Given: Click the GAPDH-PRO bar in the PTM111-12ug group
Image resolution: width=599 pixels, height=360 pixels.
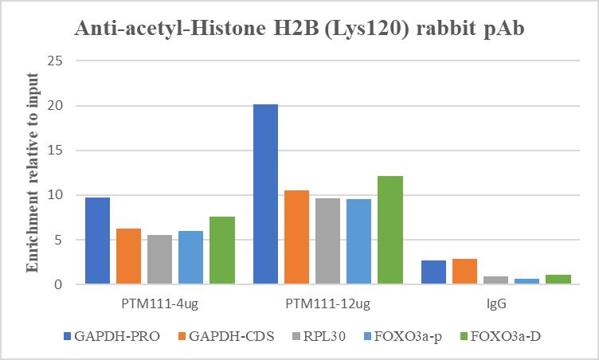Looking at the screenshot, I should [x=266, y=194].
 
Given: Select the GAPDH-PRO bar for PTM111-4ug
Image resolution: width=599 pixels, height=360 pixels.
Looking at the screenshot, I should [x=97, y=241].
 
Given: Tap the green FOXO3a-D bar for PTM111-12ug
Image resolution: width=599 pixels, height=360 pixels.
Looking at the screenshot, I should [x=390, y=230].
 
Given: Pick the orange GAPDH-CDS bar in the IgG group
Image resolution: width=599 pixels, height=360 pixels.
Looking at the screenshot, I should [x=464, y=272].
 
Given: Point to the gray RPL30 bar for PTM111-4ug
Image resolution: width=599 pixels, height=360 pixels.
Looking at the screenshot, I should [x=159, y=260].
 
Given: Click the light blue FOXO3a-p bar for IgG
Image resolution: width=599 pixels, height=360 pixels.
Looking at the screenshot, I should [x=527, y=281].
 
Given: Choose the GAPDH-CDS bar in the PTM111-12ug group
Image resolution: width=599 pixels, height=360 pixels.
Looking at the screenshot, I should [x=296, y=237].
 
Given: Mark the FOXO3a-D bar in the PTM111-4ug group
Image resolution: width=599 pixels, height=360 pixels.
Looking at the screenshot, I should [x=222, y=250].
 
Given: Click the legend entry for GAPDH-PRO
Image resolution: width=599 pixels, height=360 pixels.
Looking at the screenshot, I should [x=111, y=336].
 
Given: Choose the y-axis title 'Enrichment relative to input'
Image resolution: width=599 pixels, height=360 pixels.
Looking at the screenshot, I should [x=33, y=172].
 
